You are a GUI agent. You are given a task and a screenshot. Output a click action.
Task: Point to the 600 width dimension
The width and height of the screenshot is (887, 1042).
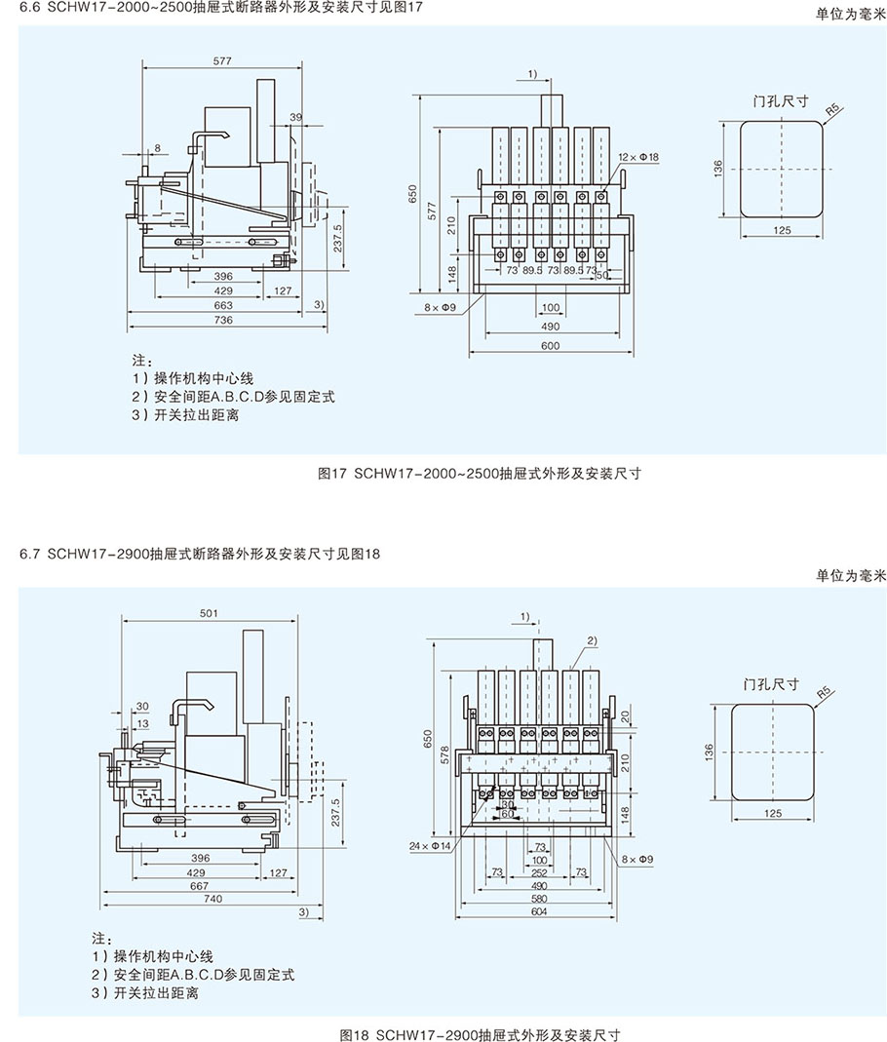(551, 345)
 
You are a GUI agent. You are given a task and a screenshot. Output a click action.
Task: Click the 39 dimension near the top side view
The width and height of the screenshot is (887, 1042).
(296, 117)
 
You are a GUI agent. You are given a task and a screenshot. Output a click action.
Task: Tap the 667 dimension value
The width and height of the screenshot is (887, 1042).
(200, 886)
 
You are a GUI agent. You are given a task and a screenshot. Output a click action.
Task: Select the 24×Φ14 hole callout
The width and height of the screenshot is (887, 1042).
(430, 846)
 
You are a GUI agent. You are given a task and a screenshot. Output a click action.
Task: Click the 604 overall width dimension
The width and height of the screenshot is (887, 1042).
(539, 912)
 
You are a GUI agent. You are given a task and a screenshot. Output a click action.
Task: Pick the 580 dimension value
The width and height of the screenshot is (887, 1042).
(539, 899)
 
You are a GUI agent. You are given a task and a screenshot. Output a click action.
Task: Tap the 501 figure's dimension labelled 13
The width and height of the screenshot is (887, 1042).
(142, 723)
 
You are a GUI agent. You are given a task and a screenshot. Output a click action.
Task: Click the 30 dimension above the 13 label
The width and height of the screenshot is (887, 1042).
(142, 707)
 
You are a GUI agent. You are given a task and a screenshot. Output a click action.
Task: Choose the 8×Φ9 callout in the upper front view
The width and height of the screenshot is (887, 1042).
(442, 308)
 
